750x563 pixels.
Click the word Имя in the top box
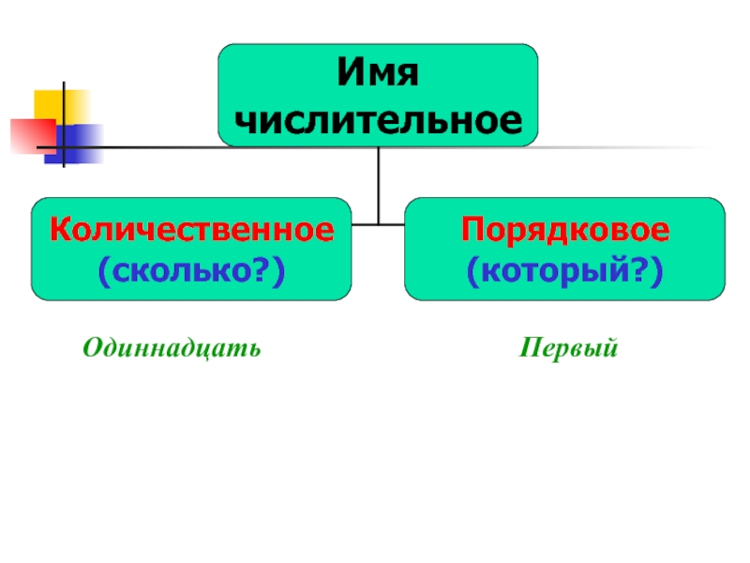point(378,72)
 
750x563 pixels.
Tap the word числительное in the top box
point(379,120)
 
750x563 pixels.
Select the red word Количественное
point(192,229)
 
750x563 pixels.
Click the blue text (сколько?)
point(192,271)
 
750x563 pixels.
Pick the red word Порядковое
point(565,230)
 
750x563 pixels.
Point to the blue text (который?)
point(565,271)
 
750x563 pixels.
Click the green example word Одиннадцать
point(172,348)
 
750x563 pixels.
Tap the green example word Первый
point(569,347)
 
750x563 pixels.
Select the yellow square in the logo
point(61,106)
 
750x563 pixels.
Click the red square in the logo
point(33,136)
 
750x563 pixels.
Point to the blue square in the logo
point(74,145)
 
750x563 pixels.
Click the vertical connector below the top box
point(379,185)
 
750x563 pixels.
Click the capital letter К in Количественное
point(61,229)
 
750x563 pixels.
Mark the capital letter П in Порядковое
point(472,229)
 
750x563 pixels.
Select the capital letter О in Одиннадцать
point(93,347)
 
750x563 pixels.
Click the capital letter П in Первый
point(532,346)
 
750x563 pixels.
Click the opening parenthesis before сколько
point(104,271)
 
